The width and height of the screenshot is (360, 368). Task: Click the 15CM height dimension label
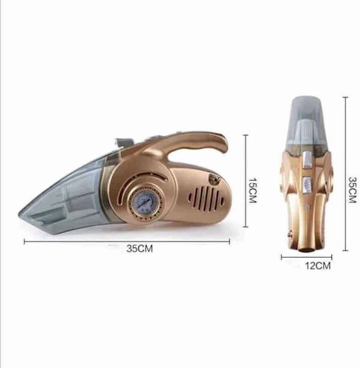[252, 190]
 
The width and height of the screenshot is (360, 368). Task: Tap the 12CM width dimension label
[318, 266]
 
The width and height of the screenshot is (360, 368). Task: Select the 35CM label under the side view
[140, 249]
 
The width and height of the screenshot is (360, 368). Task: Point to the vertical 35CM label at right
[352, 189]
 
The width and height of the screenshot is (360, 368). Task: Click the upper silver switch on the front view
[307, 160]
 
